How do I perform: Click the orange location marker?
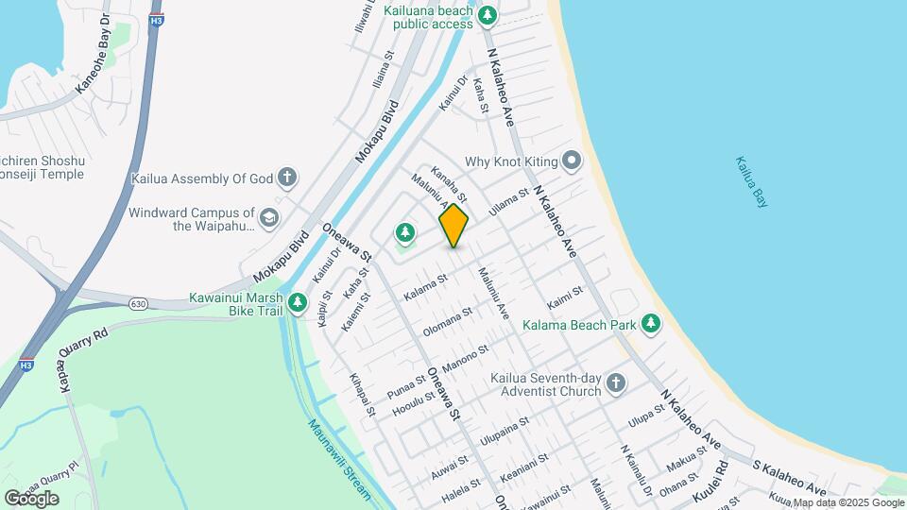coord(453,226)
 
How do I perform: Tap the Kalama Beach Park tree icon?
coord(651,324)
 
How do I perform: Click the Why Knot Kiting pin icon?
coord(571,161)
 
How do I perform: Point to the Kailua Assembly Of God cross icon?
coord(287,177)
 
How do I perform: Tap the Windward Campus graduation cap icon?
coord(269,218)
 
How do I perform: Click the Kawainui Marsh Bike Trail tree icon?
coord(299,302)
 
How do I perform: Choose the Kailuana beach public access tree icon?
coord(488,14)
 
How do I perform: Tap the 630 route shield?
coord(139,303)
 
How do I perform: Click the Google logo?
coord(31,498)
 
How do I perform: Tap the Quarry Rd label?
coord(83,342)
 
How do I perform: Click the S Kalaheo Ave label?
coord(789,477)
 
